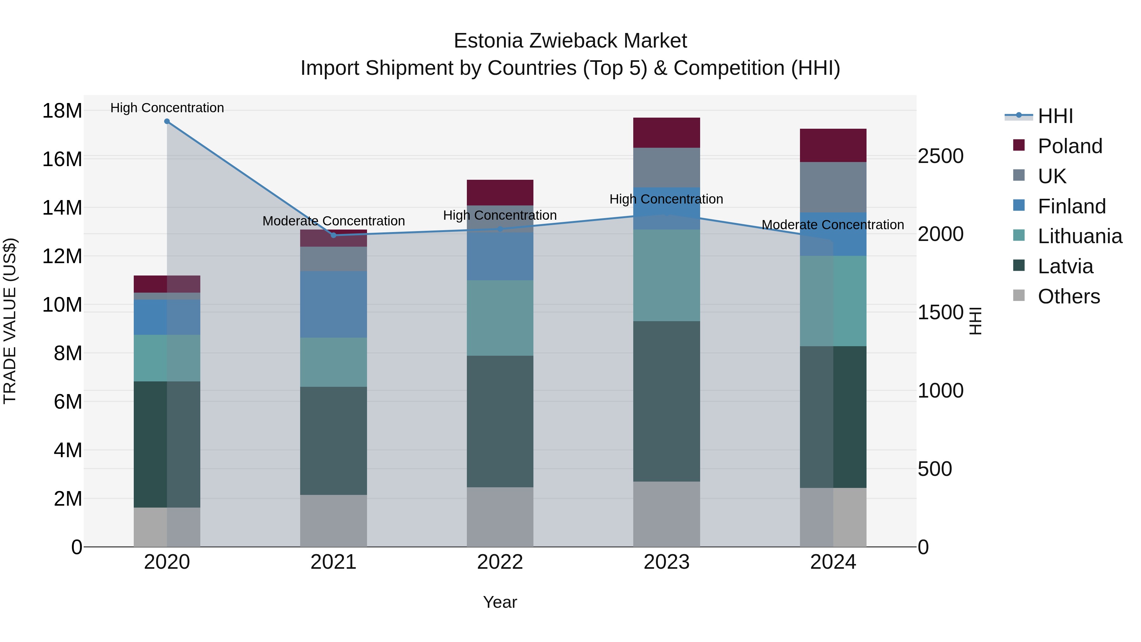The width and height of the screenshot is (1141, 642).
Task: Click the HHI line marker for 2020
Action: pos(167,121)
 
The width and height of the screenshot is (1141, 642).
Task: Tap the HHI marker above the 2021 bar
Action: pos(333,235)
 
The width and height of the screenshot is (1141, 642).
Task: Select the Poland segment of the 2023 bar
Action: pos(666,133)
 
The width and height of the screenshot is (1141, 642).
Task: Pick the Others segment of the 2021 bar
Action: pos(333,521)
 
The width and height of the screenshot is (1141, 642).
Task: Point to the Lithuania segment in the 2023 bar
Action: pos(666,275)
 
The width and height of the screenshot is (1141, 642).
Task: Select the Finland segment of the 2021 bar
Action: pos(333,304)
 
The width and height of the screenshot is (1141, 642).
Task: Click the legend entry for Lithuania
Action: pos(1080,236)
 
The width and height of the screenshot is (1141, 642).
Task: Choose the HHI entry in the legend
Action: pos(1055,116)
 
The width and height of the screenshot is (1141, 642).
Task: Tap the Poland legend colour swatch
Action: pos(1019,145)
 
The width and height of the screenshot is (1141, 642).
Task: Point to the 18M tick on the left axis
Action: pos(62,111)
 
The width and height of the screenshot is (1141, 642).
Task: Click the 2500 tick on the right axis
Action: pos(940,156)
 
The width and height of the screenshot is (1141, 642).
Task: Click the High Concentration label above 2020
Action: pos(167,108)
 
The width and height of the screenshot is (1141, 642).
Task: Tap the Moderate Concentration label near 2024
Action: pos(833,225)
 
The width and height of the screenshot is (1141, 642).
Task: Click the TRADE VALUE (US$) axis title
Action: pos(10,321)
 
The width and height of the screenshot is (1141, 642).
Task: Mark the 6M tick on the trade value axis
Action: pos(67,402)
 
